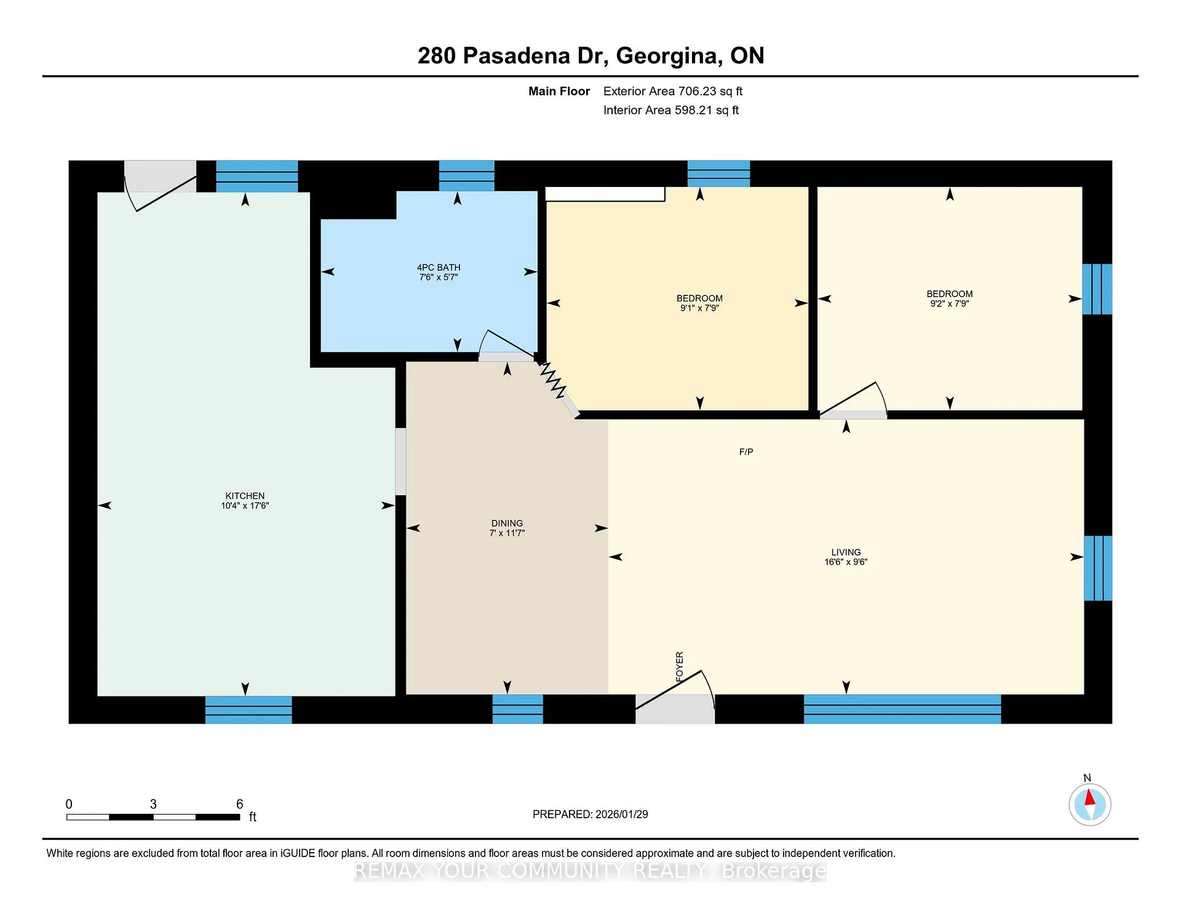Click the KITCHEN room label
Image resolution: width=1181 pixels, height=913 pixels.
pyautogui.click(x=245, y=496)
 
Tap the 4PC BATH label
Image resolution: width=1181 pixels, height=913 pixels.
pyautogui.click(x=439, y=268)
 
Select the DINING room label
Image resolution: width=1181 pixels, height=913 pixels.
pyautogui.click(x=507, y=524)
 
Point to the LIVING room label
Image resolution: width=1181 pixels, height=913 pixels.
pyautogui.click(x=846, y=552)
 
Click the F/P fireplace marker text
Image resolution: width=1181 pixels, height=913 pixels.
pyautogui.click(x=746, y=452)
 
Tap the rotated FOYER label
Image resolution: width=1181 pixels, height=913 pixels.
pyautogui.click(x=680, y=666)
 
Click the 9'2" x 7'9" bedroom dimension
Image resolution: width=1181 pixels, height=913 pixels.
pyautogui.click(x=950, y=304)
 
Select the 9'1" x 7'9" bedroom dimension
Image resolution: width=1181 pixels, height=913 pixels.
pyautogui.click(x=699, y=308)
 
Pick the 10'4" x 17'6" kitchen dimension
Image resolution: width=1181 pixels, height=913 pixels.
pyautogui.click(x=245, y=506)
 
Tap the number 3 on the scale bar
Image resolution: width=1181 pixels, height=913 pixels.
pyautogui.click(x=153, y=804)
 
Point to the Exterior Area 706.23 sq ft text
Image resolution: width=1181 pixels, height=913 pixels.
pyautogui.click(x=673, y=91)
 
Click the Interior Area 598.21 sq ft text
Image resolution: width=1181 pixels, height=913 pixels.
pyautogui.click(x=671, y=110)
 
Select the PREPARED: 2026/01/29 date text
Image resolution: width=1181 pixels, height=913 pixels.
pyautogui.click(x=590, y=815)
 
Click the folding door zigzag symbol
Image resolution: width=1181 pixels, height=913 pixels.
pyautogui.click(x=553, y=381)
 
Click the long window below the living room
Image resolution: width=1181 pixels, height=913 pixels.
pyautogui.click(x=902, y=709)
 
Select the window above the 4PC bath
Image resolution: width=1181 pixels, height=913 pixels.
pyautogui.click(x=466, y=175)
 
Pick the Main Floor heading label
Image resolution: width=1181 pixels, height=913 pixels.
pyautogui.click(x=559, y=92)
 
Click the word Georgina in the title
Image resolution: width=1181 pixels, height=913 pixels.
pyautogui.click(x=669, y=57)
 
